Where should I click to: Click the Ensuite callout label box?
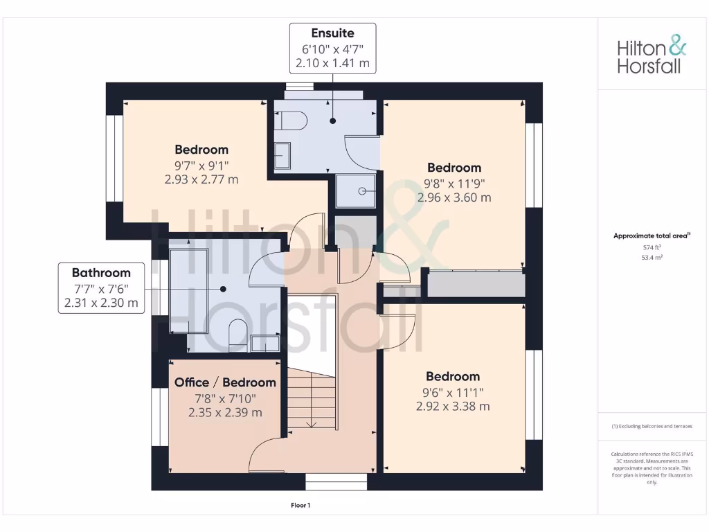click(332, 48)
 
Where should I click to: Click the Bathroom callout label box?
click(101, 288)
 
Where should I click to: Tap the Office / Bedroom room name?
click(225, 382)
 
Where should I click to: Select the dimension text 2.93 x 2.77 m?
click(201, 179)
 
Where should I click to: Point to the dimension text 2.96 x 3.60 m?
click(454, 197)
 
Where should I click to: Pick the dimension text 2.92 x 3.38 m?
click(453, 407)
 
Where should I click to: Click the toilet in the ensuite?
click(291, 121)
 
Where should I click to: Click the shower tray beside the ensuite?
click(357, 190)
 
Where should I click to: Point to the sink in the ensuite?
click(282, 156)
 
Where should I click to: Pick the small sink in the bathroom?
click(265, 343)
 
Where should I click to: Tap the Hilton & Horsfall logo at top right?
click(652, 56)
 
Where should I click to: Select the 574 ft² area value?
click(652, 247)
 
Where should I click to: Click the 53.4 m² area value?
click(652, 256)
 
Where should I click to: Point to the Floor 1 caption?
click(300, 506)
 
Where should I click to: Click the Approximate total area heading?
click(652, 236)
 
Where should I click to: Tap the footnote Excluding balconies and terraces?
click(652, 426)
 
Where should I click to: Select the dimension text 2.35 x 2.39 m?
click(225, 412)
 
